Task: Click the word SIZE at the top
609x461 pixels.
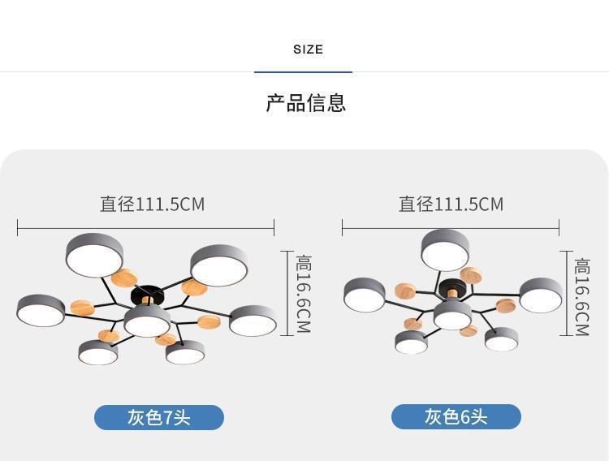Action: click(308, 50)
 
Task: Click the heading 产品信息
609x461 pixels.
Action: click(306, 103)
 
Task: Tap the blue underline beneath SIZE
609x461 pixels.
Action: click(303, 72)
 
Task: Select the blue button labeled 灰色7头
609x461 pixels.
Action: click(159, 418)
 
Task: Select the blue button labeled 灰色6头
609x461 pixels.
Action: click(456, 417)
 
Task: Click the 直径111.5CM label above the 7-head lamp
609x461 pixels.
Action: click(152, 204)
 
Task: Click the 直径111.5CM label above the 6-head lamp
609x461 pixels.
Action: click(451, 204)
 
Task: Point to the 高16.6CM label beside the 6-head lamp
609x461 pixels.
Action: click(582, 296)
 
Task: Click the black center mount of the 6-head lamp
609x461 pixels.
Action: click(452, 288)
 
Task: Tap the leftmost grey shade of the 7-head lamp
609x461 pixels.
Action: click(41, 310)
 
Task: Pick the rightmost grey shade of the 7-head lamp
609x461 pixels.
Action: click(253, 321)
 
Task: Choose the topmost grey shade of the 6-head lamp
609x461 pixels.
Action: click(445, 249)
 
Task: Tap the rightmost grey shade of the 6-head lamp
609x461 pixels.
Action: click(541, 295)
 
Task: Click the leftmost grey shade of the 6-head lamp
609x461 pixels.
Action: click(365, 295)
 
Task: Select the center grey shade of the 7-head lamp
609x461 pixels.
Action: click(147, 321)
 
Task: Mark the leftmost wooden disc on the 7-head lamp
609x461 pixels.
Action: click(82, 308)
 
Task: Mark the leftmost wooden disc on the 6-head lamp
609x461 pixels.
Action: click(405, 291)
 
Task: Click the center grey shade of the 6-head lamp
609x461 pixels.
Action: click(452, 315)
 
